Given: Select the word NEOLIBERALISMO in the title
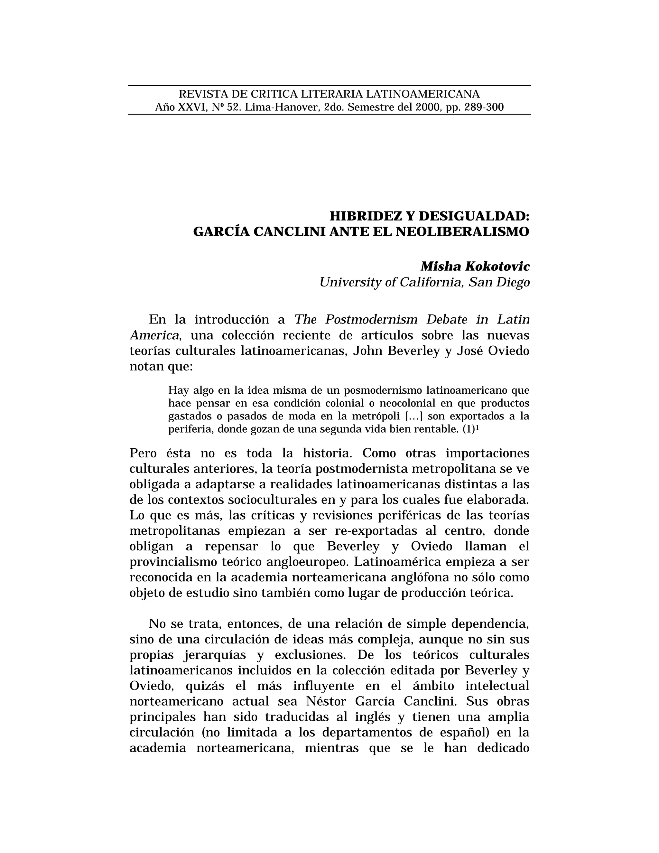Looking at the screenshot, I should [x=463, y=232].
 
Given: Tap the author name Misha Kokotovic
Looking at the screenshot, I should [x=475, y=267].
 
